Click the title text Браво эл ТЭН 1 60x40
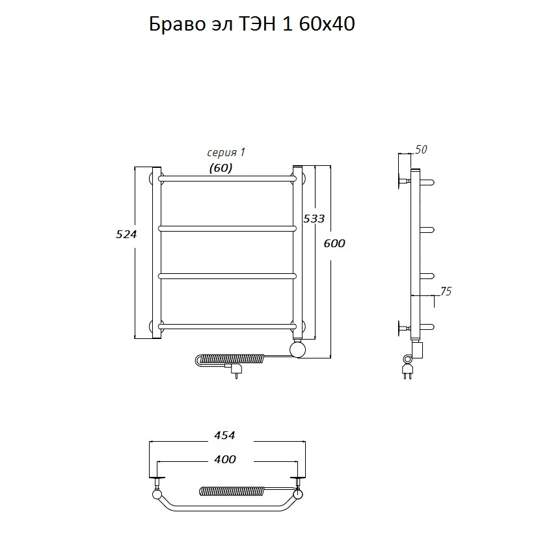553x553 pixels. pyautogui.click(x=252, y=25)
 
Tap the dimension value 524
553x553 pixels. pyautogui.click(x=126, y=234)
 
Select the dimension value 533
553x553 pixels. pyautogui.click(x=314, y=219)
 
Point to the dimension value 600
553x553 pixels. pyautogui.click(x=334, y=243)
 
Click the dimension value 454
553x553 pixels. pyautogui.click(x=224, y=435)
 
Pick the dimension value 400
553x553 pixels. pyautogui.click(x=225, y=459)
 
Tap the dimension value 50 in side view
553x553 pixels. pyautogui.click(x=421, y=150)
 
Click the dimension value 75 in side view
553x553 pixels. pyautogui.click(x=446, y=291)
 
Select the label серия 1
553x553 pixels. pyautogui.click(x=226, y=152)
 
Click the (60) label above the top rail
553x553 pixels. pyautogui.click(x=221, y=169)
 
